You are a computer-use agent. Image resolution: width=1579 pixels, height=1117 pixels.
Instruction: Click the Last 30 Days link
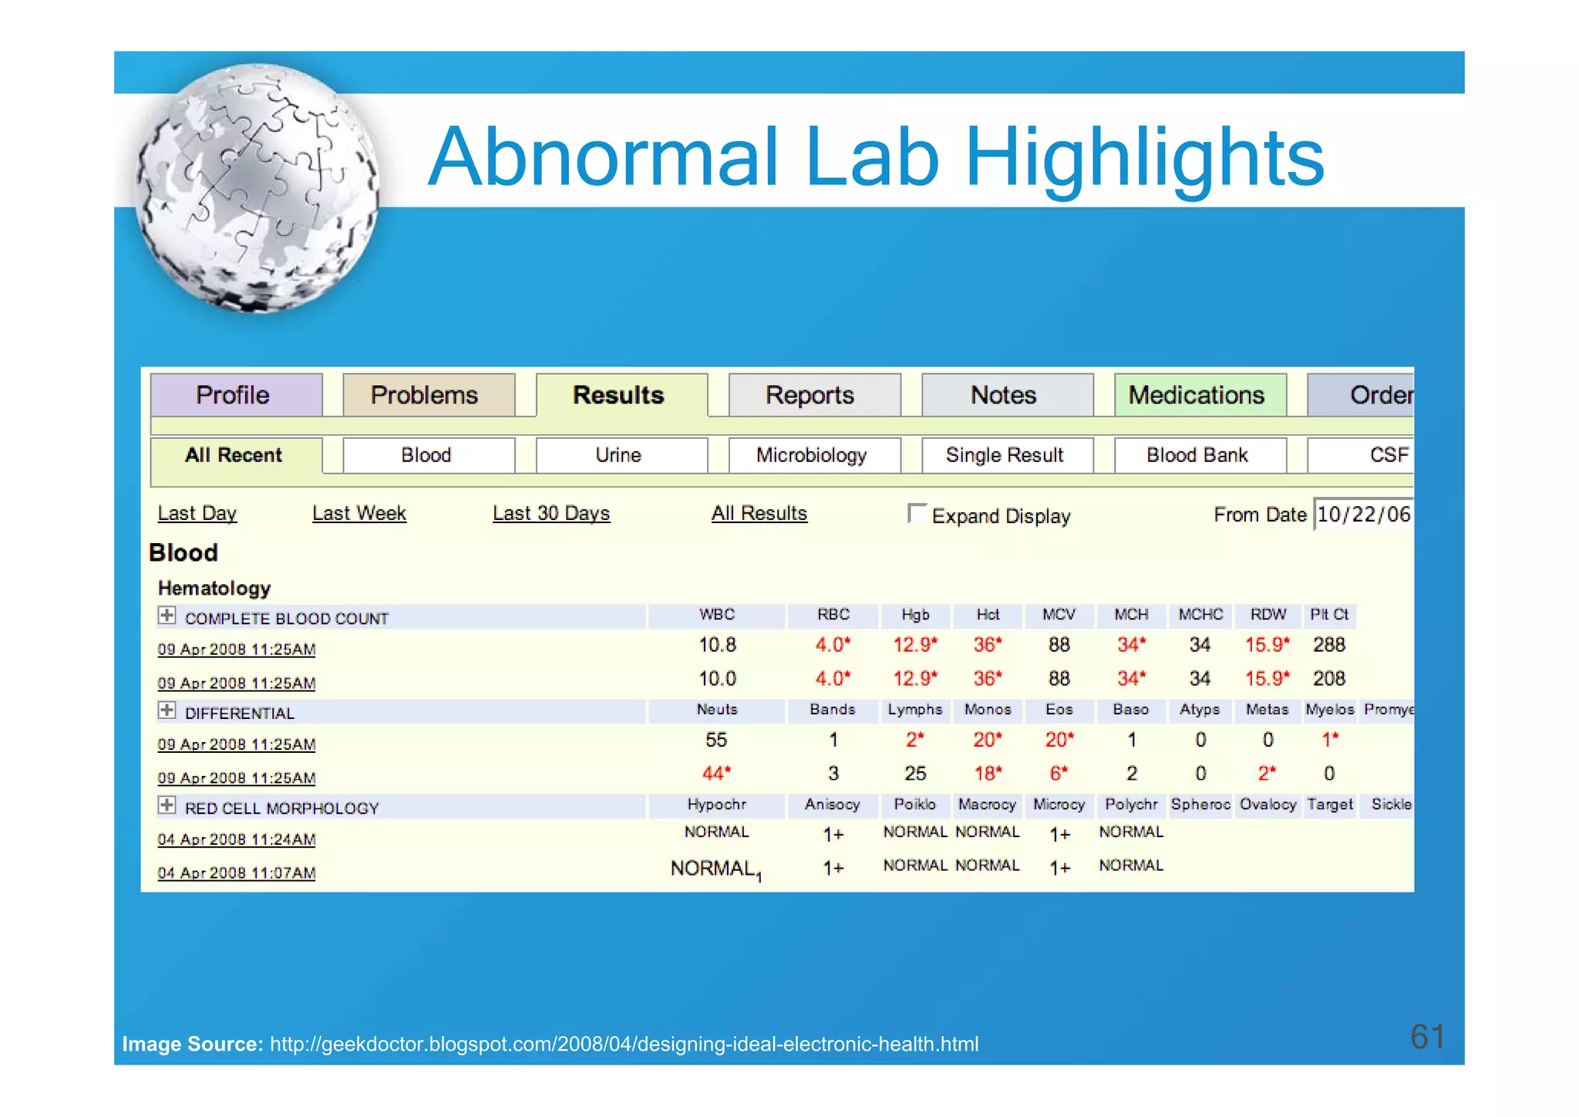[551, 513]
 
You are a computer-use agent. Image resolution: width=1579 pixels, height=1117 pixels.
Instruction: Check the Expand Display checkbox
[917, 512]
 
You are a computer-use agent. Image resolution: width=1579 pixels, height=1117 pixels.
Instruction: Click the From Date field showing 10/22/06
[1363, 514]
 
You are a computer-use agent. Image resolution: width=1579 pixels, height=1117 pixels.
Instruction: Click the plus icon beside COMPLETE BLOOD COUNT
[167, 616]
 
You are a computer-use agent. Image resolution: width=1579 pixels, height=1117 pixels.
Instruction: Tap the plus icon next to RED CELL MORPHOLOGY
[167, 805]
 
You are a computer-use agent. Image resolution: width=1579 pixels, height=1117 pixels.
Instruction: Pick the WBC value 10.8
[717, 645]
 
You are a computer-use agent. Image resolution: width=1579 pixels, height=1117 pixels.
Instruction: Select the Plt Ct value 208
[1329, 679]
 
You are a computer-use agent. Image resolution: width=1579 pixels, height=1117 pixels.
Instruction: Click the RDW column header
[1268, 615]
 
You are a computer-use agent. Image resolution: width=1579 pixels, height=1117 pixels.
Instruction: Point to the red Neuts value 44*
[716, 773]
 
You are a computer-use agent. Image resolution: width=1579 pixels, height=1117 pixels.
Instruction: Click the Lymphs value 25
[915, 773]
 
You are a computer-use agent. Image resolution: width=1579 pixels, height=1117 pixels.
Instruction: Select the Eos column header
[1059, 710]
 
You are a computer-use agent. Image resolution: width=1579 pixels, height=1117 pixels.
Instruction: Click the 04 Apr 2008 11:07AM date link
[237, 872]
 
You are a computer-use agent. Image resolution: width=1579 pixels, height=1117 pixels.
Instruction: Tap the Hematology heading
[214, 589]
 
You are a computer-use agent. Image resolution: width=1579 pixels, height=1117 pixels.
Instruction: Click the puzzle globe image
[258, 189]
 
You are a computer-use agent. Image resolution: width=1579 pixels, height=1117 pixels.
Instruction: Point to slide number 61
[1427, 1036]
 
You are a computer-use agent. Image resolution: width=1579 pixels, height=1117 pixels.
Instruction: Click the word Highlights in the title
[1144, 158]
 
